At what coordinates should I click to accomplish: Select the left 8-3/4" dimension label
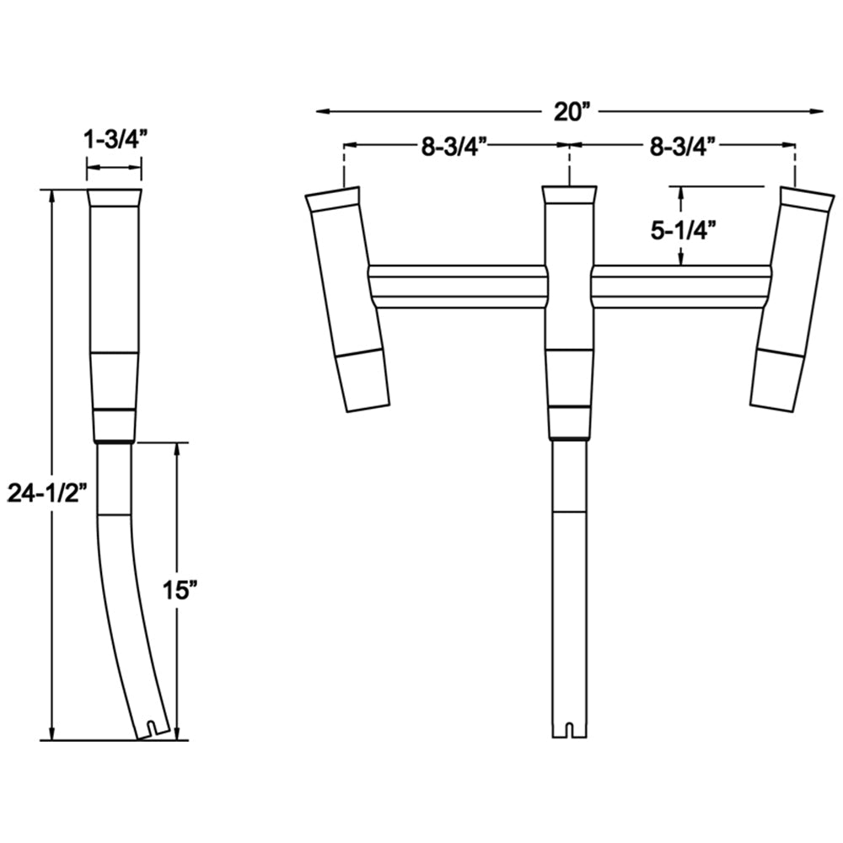point(456,146)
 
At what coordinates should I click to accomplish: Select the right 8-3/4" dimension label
point(683,146)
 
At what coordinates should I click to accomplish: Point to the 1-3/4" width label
point(115,140)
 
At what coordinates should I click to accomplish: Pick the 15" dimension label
point(180,590)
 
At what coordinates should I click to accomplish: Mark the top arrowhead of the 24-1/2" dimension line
point(53,196)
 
